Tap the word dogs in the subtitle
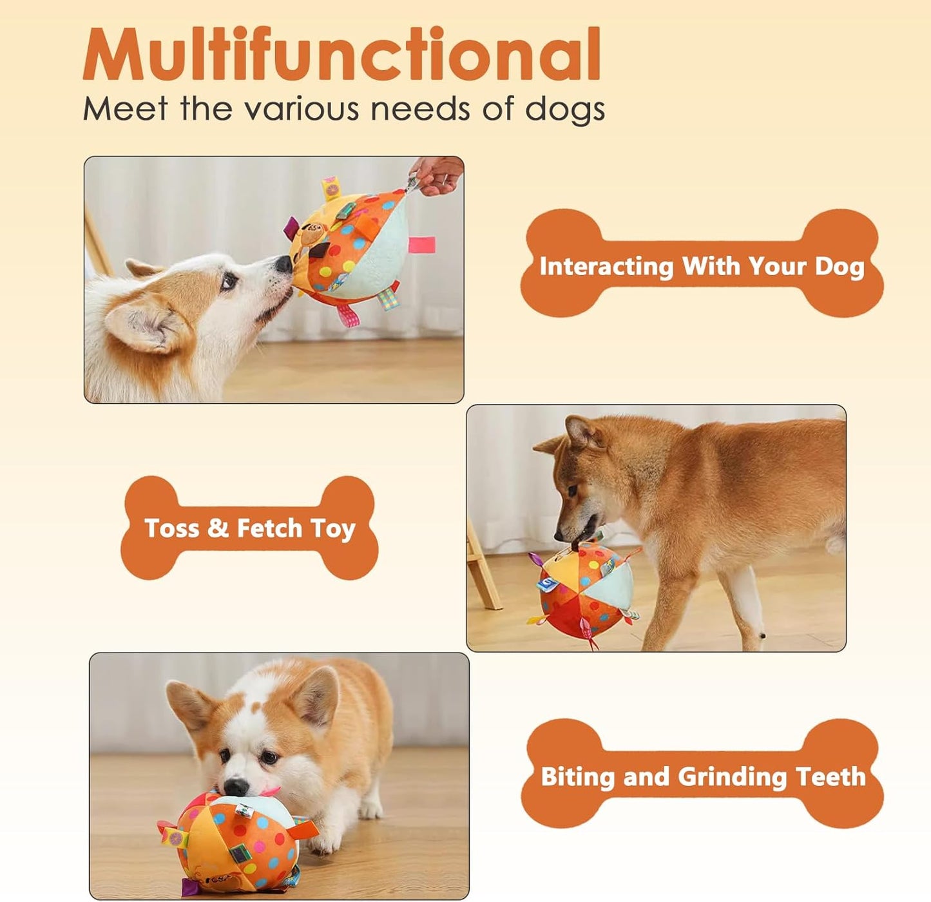coord(565,110)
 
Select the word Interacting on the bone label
coord(606,266)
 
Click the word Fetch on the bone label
coord(269,528)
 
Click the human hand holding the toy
coord(437,175)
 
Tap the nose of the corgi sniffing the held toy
coord(283,264)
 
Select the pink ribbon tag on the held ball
coord(422,245)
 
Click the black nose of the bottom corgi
coord(236,786)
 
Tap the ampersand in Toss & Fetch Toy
coord(218,528)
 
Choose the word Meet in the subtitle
coord(125,109)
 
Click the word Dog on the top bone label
coord(840,266)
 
